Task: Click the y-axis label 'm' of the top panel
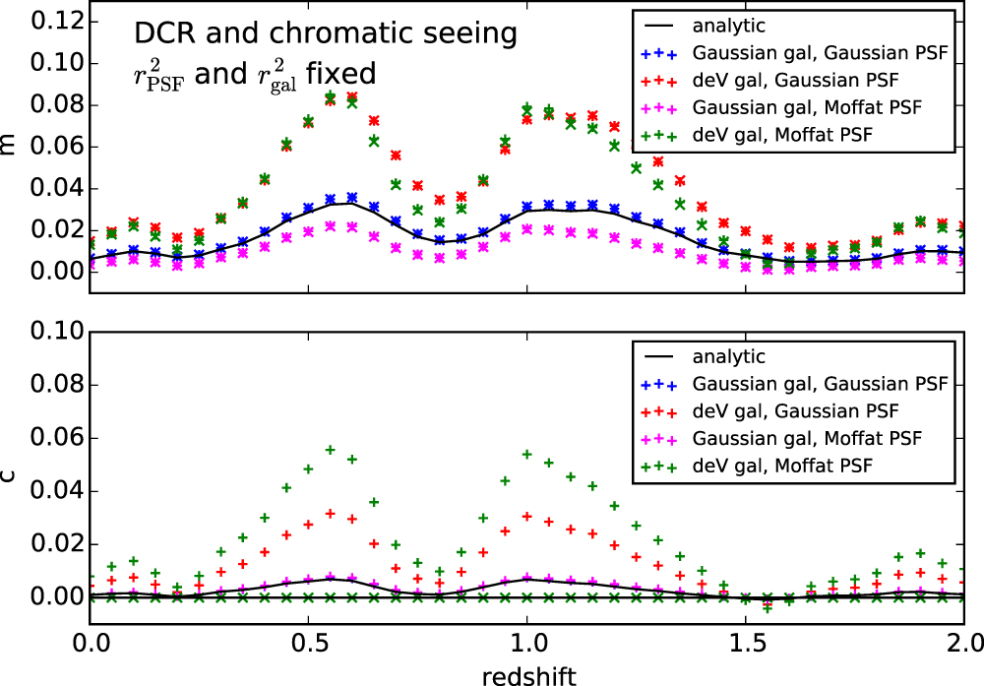9,146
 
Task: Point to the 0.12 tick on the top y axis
44,22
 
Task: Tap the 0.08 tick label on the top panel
44,105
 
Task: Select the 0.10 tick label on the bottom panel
44,332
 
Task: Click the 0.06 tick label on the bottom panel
44,438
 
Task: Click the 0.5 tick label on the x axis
308,644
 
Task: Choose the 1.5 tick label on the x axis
746,644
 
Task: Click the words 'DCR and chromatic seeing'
326,35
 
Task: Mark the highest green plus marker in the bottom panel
330,450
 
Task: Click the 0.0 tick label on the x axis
90,644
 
